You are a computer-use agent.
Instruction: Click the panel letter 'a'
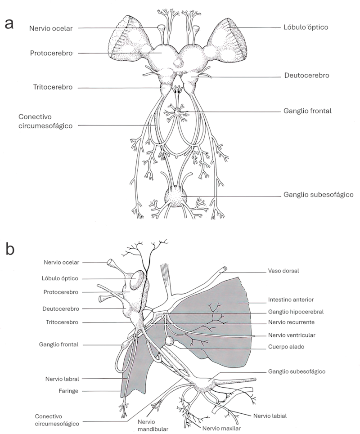[x=9, y=24]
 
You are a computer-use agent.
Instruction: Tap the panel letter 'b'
[x=10, y=249]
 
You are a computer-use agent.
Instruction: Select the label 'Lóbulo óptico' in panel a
[x=306, y=27]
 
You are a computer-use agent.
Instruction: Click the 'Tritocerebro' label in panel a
[x=53, y=87]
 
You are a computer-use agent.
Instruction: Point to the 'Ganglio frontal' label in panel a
[x=307, y=111]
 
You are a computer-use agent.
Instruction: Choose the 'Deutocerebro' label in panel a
[x=307, y=75]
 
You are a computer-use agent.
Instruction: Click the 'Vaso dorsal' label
[x=283, y=271]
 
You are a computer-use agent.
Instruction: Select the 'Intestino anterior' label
[x=291, y=300]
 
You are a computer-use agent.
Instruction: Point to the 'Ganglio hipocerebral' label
[x=296, y=312]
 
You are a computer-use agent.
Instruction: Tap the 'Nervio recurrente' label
[x=291, y=322]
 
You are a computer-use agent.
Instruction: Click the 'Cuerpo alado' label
[x=286, y=347]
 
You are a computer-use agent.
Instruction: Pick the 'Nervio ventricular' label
[x=292, y=335]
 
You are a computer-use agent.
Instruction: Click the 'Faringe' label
[x=68, y=391]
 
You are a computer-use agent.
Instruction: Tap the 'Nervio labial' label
[x=270, y=416]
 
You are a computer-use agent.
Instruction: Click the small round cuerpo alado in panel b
[x=169, y=341]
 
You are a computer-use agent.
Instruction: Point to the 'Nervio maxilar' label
[x=221, y=429]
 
